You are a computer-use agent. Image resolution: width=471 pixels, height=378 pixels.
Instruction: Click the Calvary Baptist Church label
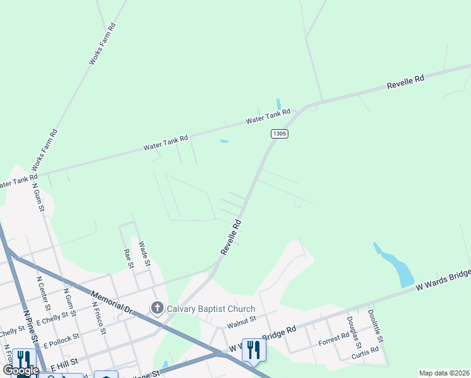[210, 309]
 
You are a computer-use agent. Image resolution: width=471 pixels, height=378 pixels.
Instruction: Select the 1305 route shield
[280, 134]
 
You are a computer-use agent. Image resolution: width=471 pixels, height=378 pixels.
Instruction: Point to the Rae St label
[129, 258]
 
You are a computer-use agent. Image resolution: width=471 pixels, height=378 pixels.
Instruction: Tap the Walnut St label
[242, 321]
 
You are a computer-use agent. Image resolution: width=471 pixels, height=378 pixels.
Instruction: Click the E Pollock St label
[59, 339]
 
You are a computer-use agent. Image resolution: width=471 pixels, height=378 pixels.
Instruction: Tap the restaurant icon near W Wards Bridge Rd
[254, 350]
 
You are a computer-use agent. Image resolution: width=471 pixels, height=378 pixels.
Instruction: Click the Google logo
[21, 370]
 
